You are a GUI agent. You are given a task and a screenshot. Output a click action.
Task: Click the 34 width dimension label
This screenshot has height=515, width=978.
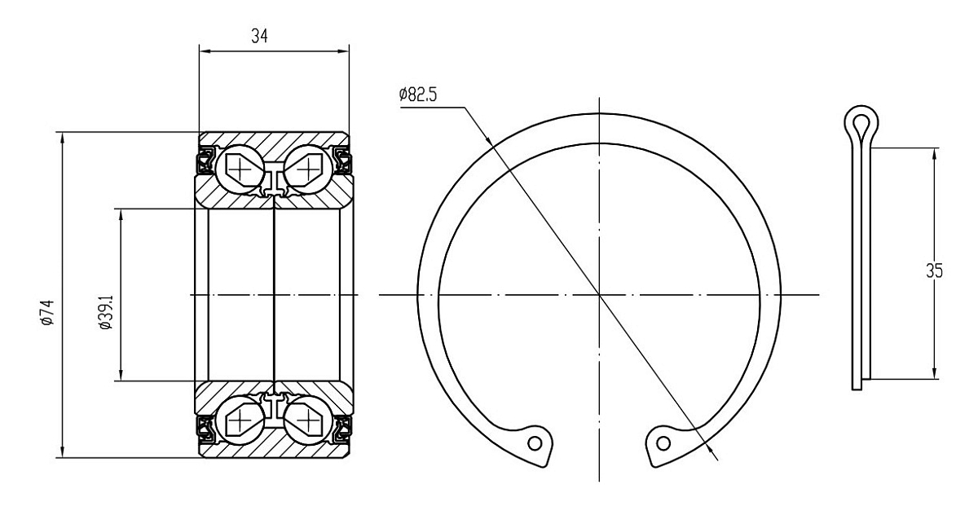[259, 36]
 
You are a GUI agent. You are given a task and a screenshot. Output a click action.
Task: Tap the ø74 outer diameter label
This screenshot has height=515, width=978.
[47, 312]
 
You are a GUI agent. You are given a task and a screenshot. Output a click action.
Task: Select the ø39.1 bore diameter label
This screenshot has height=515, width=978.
[106, 312]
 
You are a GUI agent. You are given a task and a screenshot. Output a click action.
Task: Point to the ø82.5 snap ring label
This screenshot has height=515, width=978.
[418, 95]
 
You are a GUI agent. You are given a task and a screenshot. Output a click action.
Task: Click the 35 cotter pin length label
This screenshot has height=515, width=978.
[934, 271]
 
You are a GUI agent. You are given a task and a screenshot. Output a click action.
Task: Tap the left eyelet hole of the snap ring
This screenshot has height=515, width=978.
[535, 443]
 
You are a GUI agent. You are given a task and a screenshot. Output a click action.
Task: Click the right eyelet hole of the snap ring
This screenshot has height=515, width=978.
[663, 443]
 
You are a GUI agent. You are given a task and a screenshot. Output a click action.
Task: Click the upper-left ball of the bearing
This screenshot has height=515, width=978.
[240, 168]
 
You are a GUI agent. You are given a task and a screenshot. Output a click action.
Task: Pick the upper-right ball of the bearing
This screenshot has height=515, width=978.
[308, 168]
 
